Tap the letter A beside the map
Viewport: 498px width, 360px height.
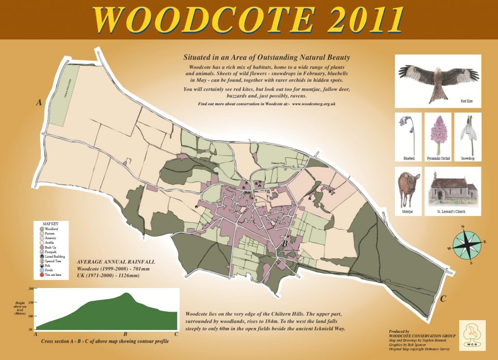tap(37, 103)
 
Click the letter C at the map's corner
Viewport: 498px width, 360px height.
tap(443, 299)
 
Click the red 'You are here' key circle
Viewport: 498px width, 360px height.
tap(43, 275)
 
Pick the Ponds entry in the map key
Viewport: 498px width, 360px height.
tap(43, 270)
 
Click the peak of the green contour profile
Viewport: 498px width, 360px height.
tap(126, 293)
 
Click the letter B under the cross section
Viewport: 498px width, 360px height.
tap(125, 335)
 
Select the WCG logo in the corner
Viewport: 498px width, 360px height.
tap(472, 335)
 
